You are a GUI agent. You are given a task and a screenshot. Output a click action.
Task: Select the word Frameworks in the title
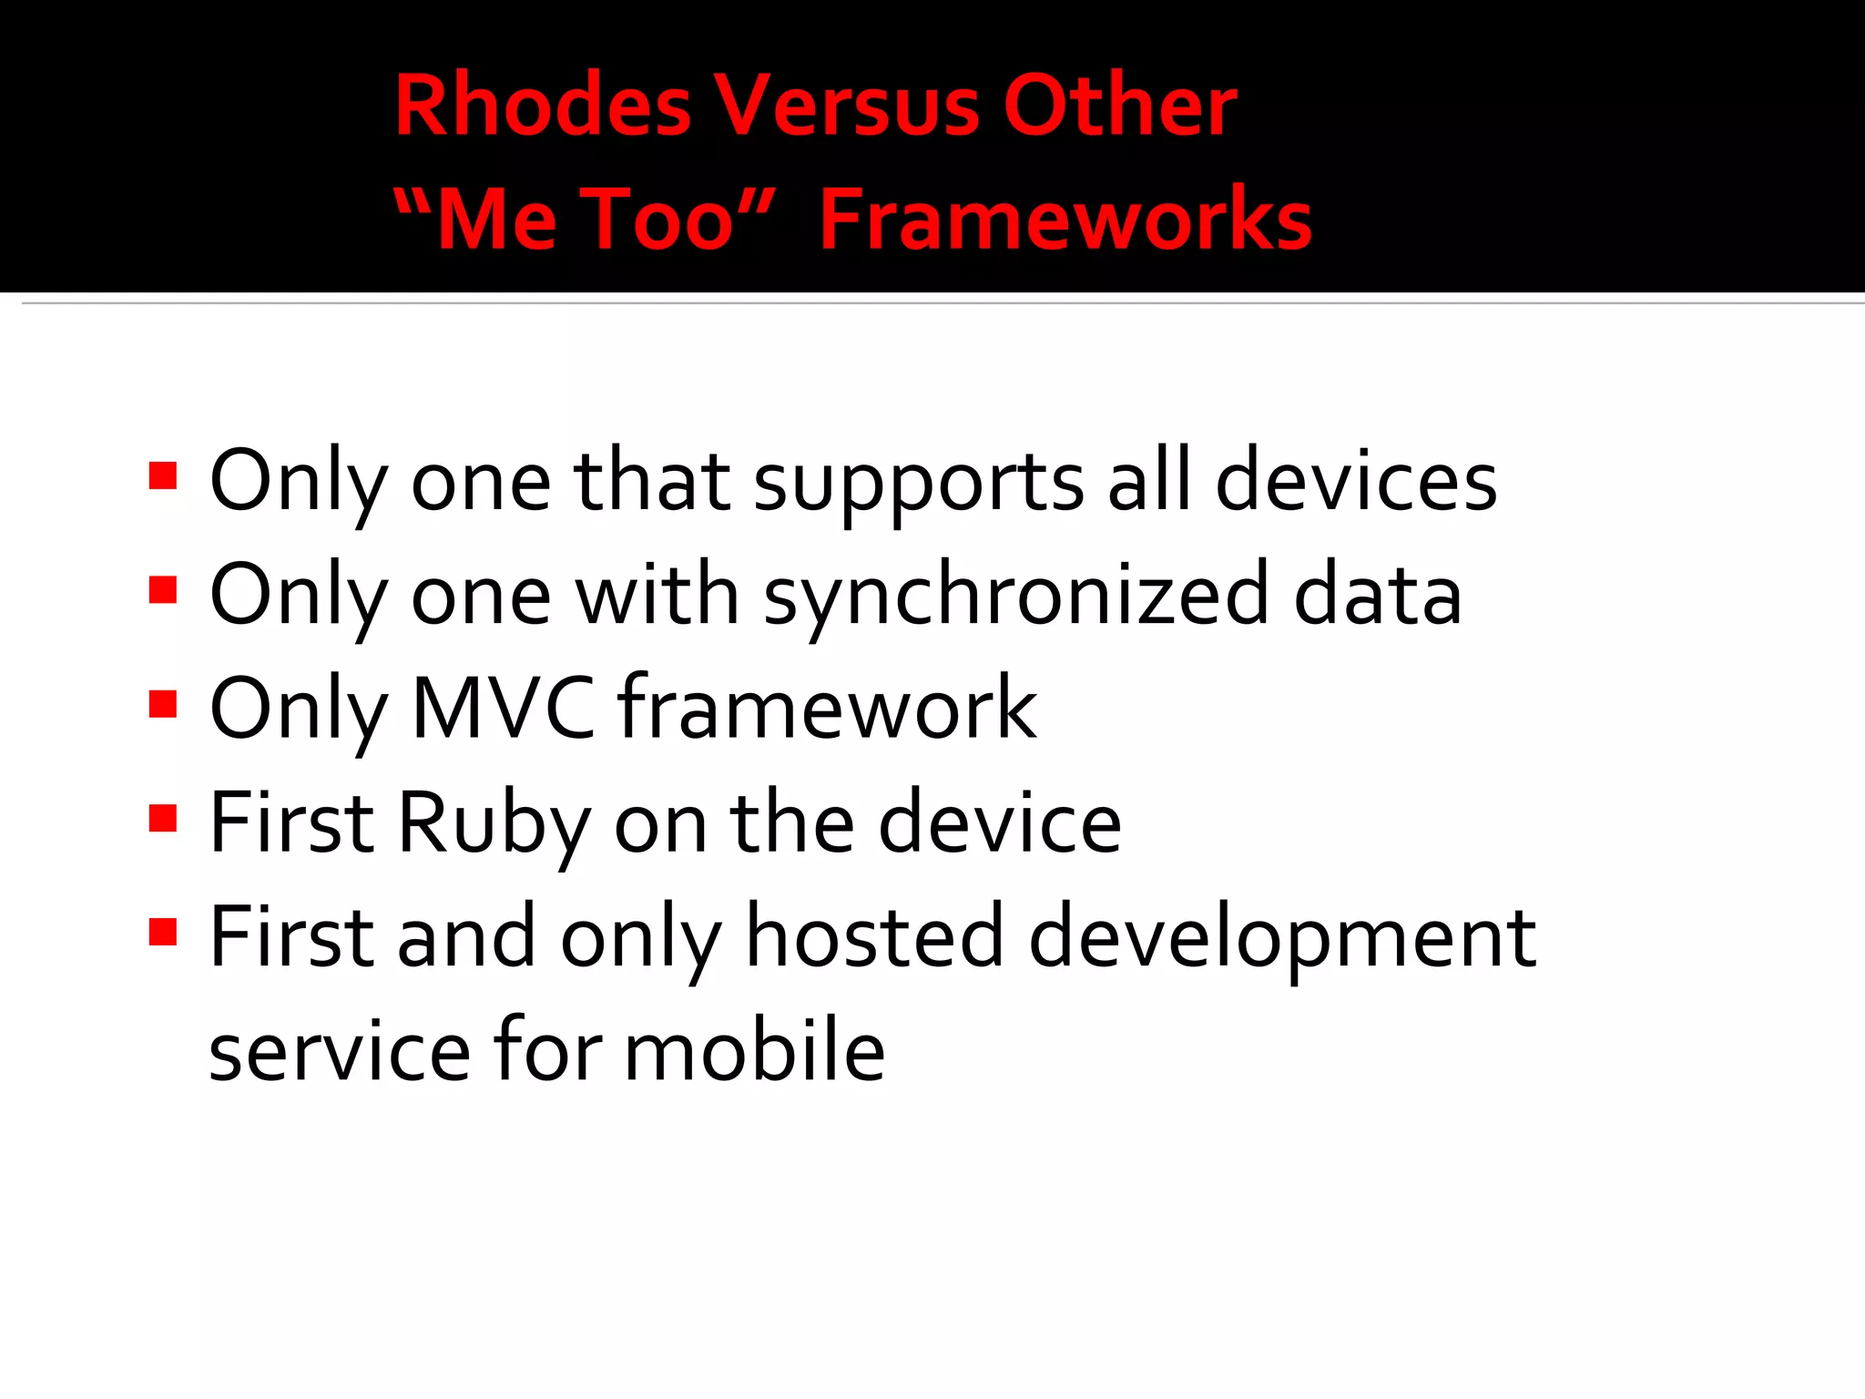pos(1065,220)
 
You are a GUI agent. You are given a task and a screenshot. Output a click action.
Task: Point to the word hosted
pos(874,938)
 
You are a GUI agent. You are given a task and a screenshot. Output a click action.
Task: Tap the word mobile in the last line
pos(754,1052)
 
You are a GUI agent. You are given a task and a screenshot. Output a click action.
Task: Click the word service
pos(340,1052)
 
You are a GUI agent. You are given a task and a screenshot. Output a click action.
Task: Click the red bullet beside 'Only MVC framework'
pos(163,704)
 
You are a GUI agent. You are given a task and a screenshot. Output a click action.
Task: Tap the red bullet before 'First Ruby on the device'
pos(163,818)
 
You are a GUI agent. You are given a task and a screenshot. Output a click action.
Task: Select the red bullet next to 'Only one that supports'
pos(163,476)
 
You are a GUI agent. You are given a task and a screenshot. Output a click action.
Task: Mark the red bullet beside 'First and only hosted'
pos(163,932)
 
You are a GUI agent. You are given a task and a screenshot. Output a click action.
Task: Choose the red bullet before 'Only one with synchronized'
pos(163,590)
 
